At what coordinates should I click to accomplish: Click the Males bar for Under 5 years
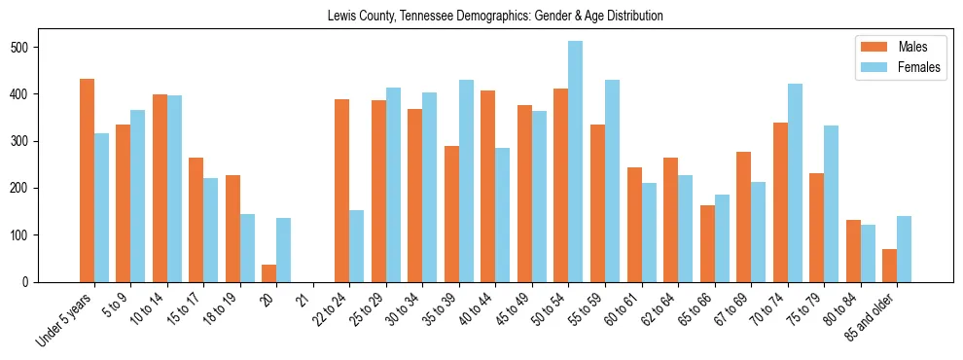(87, 180)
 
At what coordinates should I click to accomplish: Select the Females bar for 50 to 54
(576, 162)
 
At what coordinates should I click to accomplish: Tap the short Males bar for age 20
(269, 273)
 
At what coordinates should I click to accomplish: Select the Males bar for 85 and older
(889, 266)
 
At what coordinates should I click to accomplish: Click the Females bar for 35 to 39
(466, 181)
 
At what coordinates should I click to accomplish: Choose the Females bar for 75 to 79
(831, 203)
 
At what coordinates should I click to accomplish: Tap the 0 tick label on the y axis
(30, 282)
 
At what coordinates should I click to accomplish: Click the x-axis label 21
(303, 295)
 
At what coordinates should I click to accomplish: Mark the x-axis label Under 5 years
(66, 317)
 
